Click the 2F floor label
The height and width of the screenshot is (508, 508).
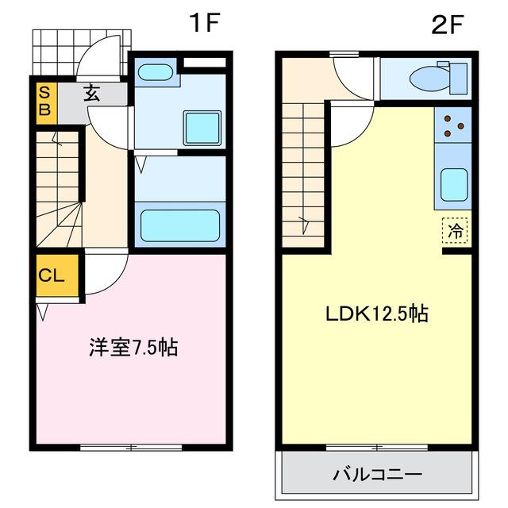[447, 24]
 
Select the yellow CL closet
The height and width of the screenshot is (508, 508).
[55, 276]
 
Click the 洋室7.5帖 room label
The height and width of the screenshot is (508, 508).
[133, 347]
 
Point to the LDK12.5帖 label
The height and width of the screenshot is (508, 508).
[376, 313]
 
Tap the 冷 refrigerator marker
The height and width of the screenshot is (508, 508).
[456, 232]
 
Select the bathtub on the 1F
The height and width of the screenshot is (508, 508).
[179, 225]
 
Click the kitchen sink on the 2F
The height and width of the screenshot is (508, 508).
[453, 185]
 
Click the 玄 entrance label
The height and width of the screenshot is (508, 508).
[92, 94]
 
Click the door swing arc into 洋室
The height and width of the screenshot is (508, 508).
[103, 274]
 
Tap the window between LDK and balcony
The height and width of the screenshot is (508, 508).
[376, 447]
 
